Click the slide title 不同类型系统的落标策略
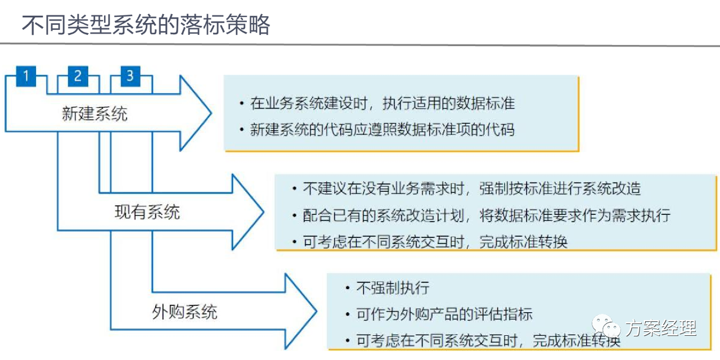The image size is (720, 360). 146,25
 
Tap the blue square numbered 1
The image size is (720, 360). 26,76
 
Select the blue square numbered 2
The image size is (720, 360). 78,76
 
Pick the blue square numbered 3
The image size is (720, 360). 130,76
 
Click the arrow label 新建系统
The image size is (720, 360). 94,114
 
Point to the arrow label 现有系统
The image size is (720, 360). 147,212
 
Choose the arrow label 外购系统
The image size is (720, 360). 184,312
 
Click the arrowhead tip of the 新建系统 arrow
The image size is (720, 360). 211,113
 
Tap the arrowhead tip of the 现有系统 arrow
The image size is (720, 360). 264,212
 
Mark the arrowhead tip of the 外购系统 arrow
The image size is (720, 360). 317,311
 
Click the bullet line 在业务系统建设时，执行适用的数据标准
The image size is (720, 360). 382,103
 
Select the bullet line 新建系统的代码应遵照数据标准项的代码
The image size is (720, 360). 382,130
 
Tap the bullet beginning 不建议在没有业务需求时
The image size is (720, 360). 472,188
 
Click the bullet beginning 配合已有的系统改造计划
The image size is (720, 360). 487,215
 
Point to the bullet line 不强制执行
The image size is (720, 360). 393,287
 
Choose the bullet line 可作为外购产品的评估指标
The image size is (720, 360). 444,314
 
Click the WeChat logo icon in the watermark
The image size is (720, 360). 606,327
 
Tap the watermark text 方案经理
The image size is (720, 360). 661,328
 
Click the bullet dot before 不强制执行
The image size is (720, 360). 347,288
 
